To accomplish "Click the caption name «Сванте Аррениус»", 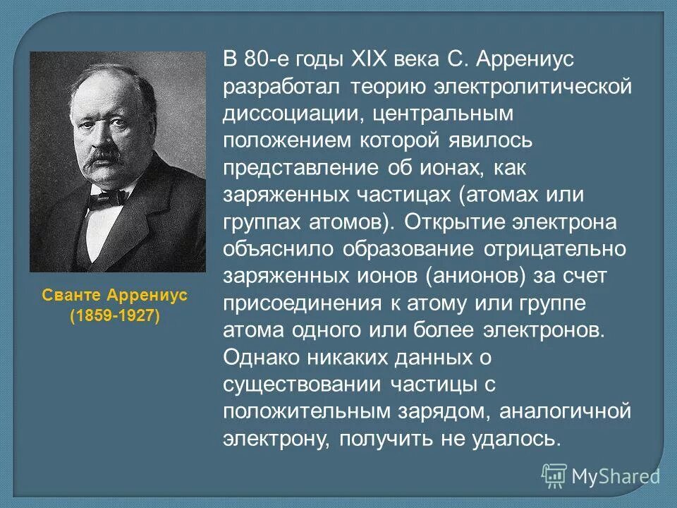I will point(115,295).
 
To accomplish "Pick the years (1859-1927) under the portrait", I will point(115,315).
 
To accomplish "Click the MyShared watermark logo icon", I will point(554,476).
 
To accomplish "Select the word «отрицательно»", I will point(557,249).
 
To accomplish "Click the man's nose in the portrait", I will point(105,133).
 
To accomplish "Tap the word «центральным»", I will point(451,114).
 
